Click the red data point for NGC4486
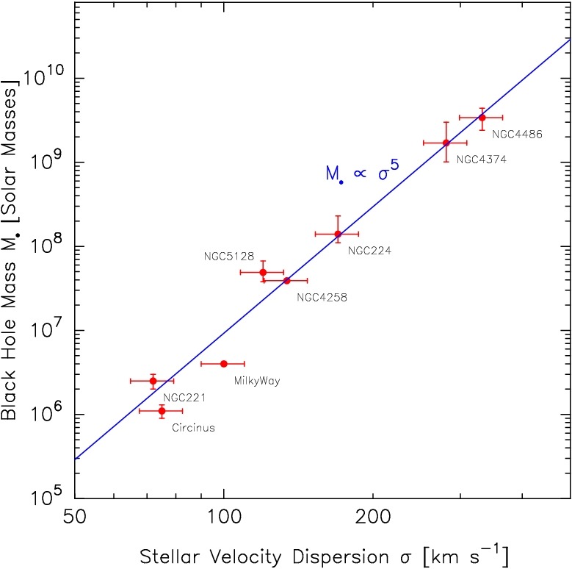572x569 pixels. [482, 118]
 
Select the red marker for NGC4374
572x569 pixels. [446, 143]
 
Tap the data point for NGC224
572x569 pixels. [338, 234]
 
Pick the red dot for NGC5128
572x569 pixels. [263, 272]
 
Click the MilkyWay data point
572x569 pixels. [224, 363]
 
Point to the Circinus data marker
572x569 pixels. [162, 410]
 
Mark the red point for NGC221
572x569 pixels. [153, 380]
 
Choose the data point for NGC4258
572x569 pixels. [286, 280]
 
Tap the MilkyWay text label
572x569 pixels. [257, 381]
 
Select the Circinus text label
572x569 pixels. [193, 428]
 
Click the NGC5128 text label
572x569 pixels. [229, 257]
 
